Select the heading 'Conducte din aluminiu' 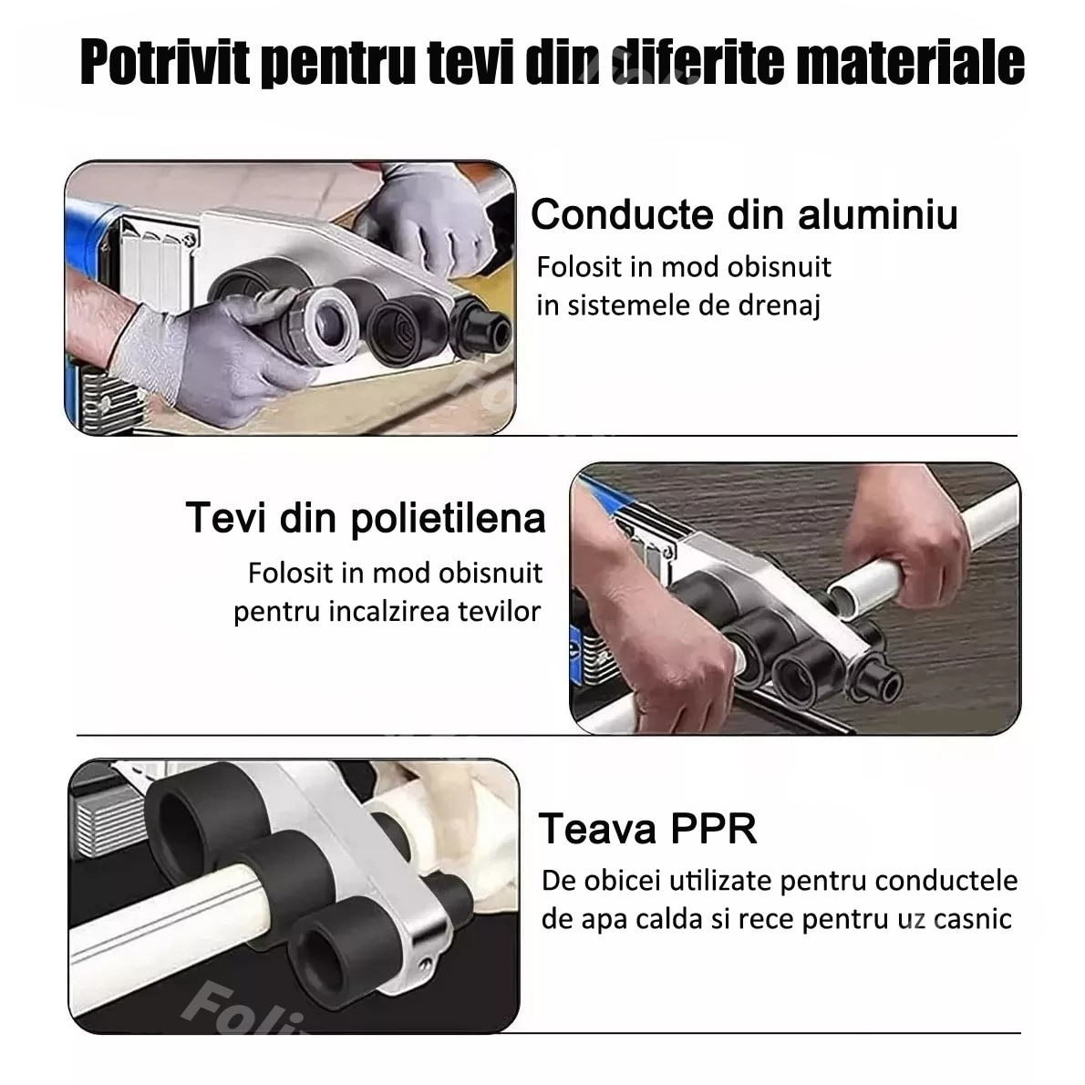coord(744,215)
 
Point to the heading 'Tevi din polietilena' coord(366,518)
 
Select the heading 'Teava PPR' coord(647,829)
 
